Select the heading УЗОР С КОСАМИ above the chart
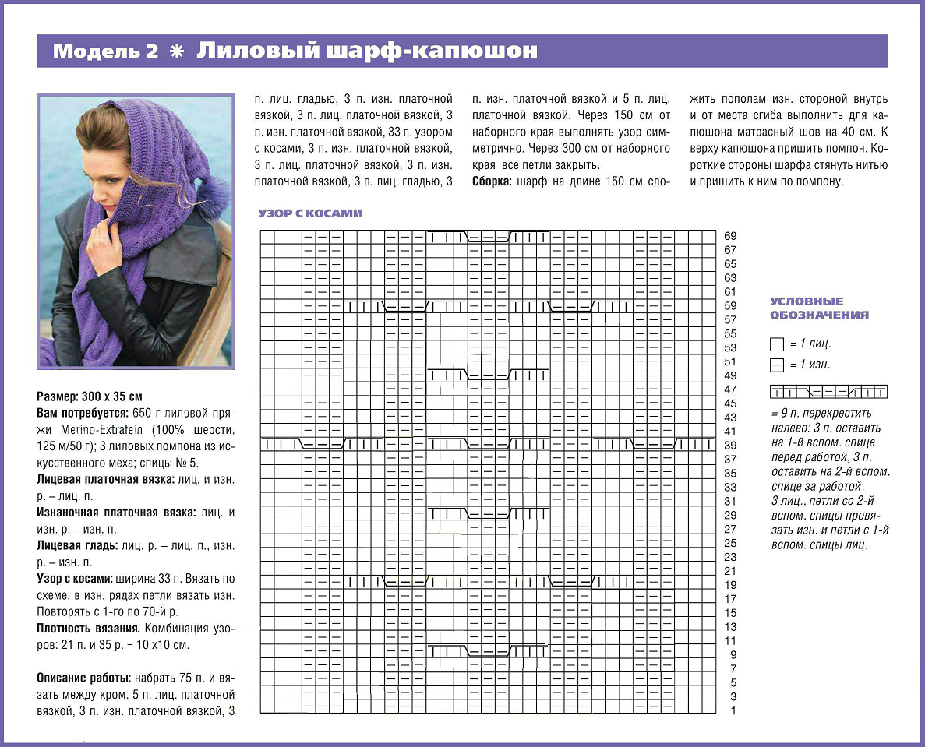(x=310, y=213)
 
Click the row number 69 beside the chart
(x=730, y=236)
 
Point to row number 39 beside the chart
(x=730, y=445)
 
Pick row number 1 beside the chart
(x=733, y=710)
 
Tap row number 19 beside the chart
(x=730, y=585)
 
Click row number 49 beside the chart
(x=730, y=375)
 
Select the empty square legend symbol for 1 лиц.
(x=776, y=344)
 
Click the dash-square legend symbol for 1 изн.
(x=776, y=365)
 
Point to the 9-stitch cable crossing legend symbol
(x=828, y=391)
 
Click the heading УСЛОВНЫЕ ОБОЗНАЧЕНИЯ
(x=819, y=308)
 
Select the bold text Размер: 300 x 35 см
(x=90, y=395)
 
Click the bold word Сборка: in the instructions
(x=493, y=181)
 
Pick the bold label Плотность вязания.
(x=89, y=628)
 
